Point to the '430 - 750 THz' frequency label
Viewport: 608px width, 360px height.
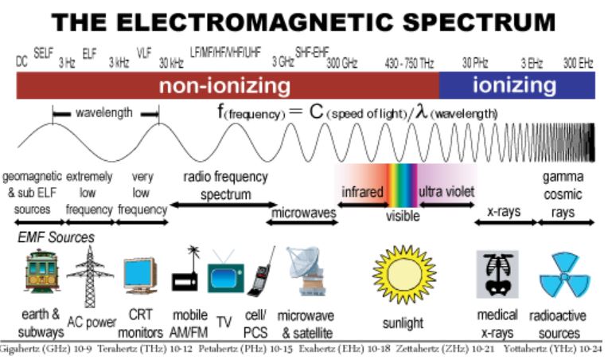coord(409,62)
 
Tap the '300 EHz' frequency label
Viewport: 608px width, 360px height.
coord(579,62)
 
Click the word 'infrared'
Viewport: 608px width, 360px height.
coord(363,193)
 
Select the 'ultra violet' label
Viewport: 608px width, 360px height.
coord(446,192)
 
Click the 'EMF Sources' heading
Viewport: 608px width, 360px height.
coord(56,237)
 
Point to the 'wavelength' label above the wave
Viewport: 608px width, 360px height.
coord(104,113)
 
